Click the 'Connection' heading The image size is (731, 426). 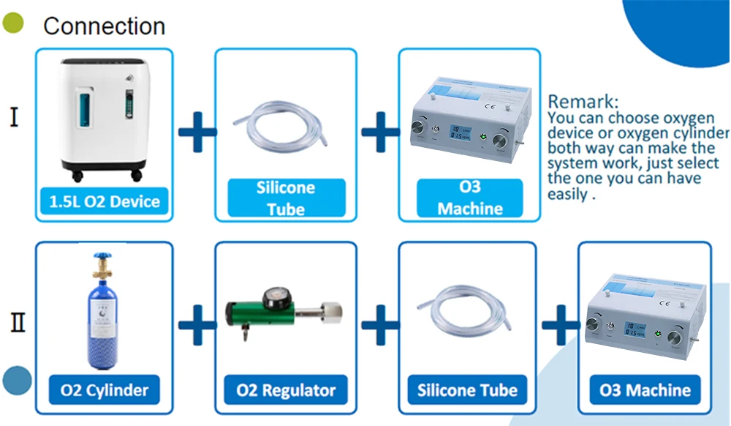coord(104,26)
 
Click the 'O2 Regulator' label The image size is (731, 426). coord(286,390)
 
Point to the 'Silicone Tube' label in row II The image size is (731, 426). coord(467,390)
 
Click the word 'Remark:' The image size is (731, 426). coord(583,102)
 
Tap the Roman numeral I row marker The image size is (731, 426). coord(14,118)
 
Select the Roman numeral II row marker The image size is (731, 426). coord(18,322)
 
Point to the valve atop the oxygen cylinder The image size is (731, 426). coord(103,263)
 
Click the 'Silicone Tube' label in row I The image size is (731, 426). coord(286,198)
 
